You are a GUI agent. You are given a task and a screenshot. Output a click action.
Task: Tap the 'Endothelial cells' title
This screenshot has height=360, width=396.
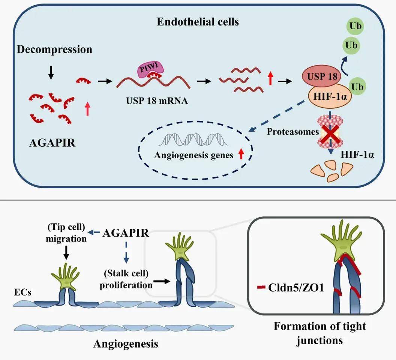[x=198, y=22]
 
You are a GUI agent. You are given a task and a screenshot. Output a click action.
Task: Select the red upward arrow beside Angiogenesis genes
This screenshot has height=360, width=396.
[x=241, y=154]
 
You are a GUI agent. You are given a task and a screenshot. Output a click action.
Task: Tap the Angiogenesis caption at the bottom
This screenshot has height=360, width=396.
[x=126, y=343]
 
